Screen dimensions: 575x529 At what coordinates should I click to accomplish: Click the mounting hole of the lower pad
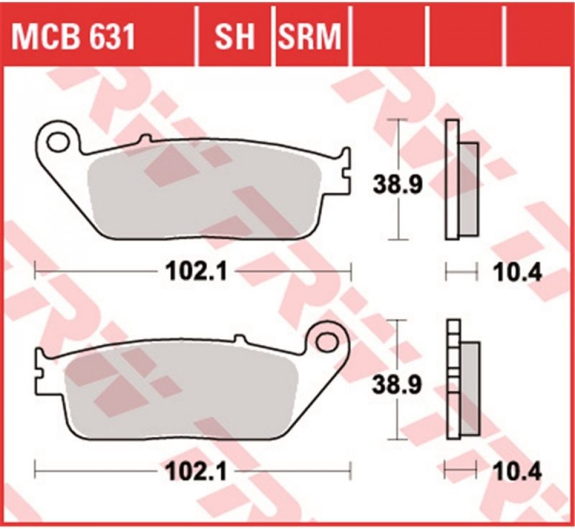tap(327, 342)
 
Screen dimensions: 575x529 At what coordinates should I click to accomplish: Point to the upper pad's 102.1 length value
tap(197, 272)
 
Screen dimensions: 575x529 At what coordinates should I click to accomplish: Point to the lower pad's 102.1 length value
tap(197, 471)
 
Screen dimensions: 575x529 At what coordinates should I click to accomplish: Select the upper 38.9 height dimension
tap(397, 185)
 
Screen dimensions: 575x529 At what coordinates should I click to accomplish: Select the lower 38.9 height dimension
tap(397, 385)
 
